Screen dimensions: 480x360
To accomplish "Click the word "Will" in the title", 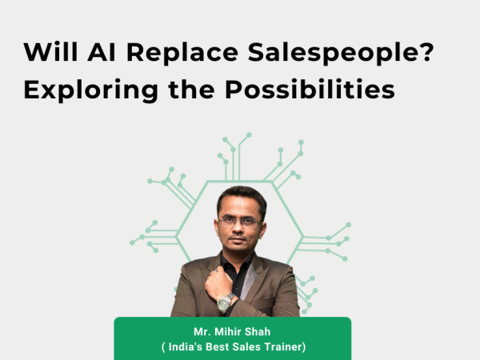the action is pos(50,52).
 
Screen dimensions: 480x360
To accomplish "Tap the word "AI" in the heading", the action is pos(102,52).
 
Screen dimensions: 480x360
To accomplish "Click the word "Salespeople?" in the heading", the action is pos(341,54).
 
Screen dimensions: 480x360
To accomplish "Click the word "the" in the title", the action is pos(191,89).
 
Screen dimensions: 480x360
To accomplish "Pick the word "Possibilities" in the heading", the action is pos(310,89).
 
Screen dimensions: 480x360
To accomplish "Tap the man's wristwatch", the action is pos(225,303).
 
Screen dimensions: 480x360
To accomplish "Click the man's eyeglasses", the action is pos(240,222).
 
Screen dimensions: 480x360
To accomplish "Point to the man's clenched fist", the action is pos(218,282).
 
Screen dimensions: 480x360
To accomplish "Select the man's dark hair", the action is pos(242,199).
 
